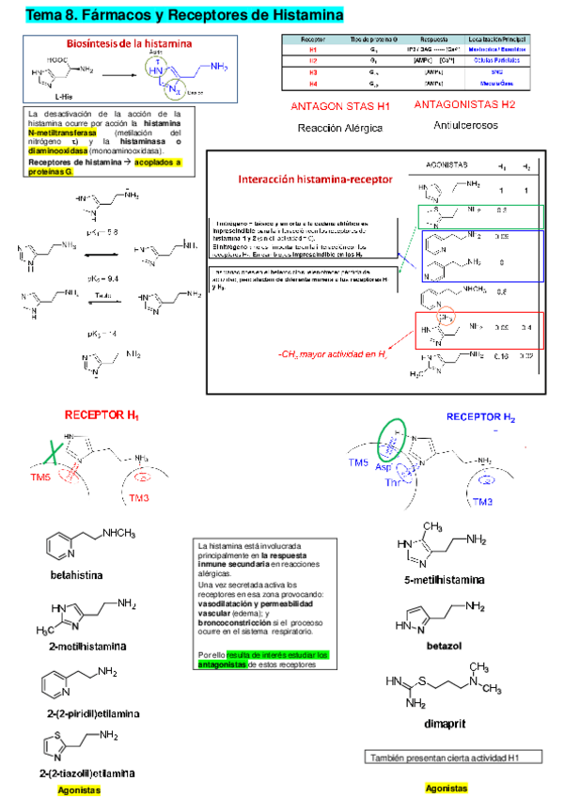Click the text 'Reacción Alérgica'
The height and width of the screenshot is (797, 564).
point(339,127)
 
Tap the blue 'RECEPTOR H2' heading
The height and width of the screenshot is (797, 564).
point(480,415)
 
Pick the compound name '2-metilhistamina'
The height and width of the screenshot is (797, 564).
point(86,646)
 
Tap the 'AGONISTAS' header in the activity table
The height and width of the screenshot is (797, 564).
point(448,164)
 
